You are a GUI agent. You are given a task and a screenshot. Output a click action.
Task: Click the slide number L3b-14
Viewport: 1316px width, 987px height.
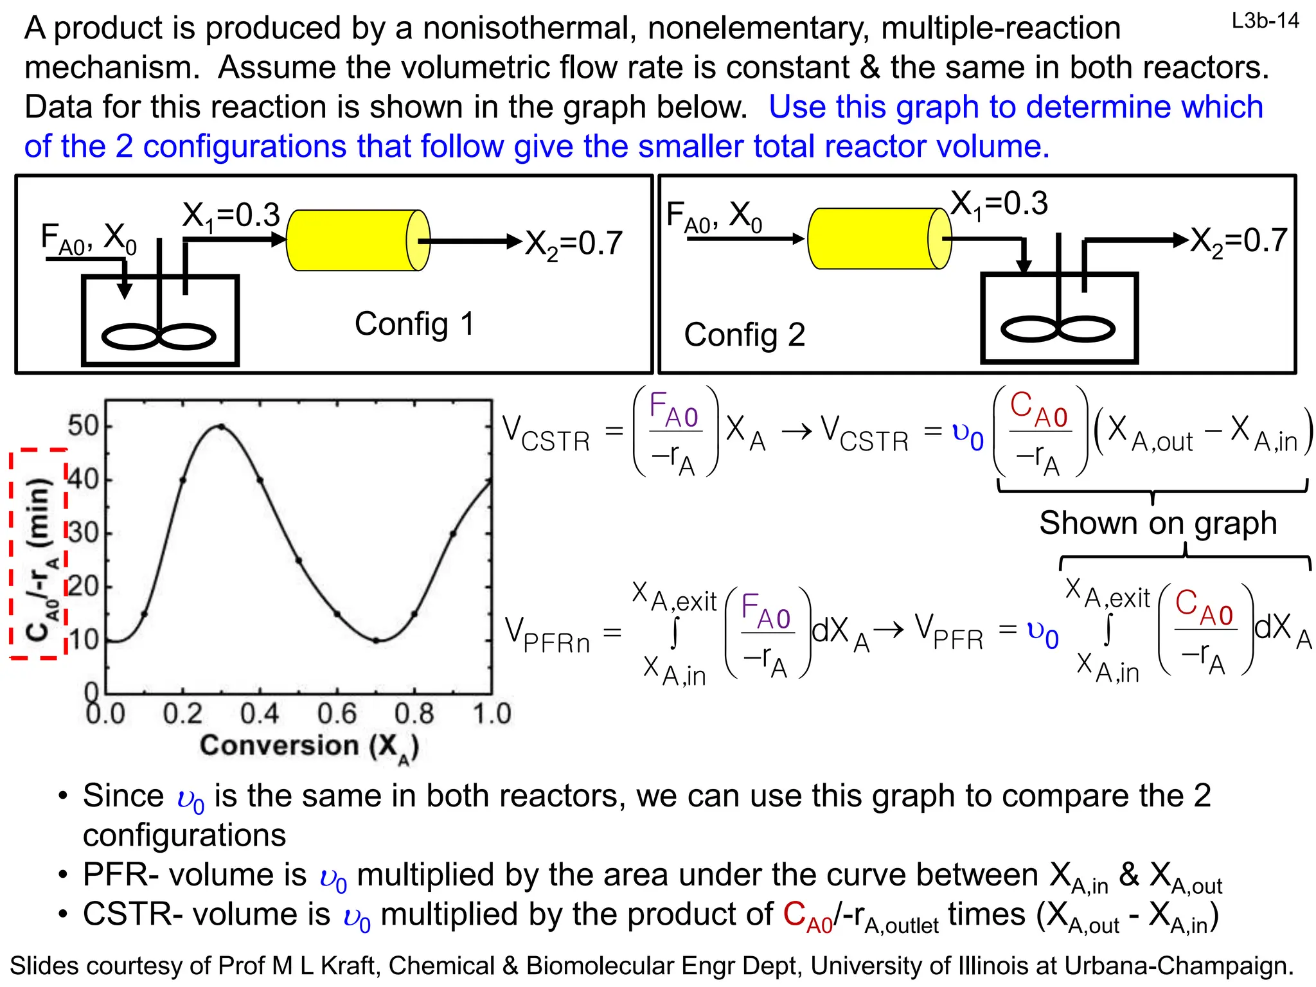(1265, 21)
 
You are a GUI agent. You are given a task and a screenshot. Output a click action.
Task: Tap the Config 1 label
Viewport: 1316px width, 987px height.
(414, 323)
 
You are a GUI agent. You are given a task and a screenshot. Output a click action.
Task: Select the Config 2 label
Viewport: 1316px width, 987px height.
(744, 335)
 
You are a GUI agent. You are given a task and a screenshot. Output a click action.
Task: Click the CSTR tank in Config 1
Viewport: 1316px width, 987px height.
(161, 321)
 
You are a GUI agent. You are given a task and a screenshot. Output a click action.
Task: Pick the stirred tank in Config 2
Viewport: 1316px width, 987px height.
(1059, 319)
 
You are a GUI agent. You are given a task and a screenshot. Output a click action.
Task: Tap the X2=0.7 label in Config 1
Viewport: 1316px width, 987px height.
(574, 244)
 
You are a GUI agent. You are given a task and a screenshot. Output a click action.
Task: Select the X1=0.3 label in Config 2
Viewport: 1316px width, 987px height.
(999, 204)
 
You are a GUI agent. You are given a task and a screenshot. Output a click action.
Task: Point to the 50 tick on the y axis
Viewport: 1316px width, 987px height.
(83, 426)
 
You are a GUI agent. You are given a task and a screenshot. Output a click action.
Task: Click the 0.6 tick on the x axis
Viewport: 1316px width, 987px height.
(337, 714)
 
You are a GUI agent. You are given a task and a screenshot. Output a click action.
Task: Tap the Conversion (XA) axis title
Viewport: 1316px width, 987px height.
(309, 747)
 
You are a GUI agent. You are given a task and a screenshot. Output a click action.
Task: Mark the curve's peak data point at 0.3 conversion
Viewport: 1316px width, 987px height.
(221, 426)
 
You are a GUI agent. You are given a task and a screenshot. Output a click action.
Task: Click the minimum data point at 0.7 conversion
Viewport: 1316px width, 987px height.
(377, 640)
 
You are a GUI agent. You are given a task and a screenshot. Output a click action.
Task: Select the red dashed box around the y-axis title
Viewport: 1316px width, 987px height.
(39, 553)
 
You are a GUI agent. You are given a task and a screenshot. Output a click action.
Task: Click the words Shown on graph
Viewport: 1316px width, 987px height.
(1157, 522)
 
